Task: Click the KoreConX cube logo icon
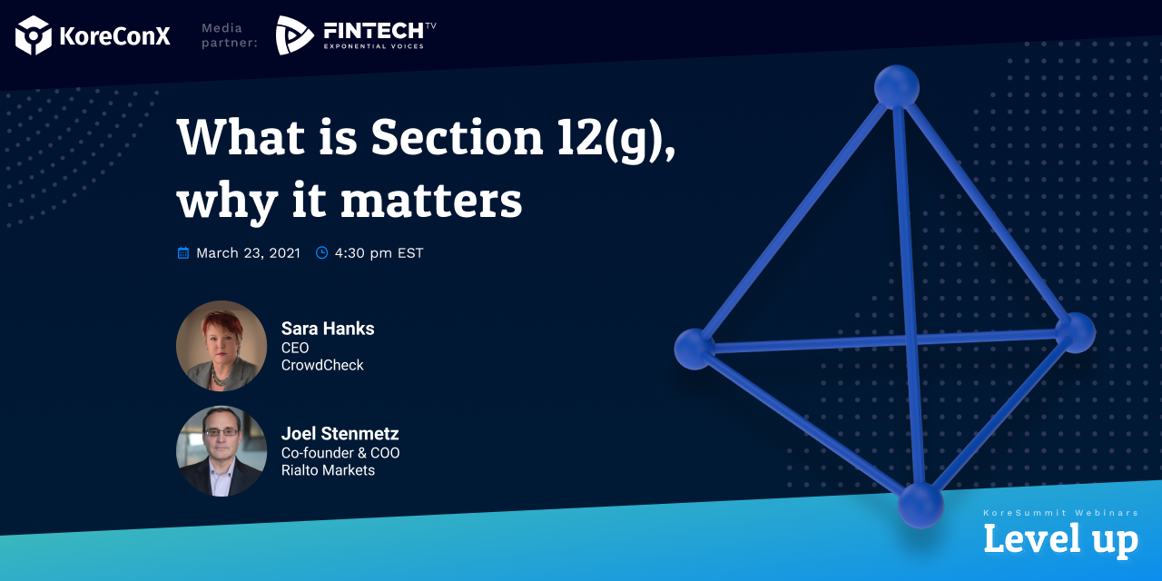(34, 35)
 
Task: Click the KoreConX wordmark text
(114, 36)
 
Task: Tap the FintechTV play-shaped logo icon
(294, 35)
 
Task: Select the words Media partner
(230, 35)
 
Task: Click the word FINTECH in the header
(373, 31)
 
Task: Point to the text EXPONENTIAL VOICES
(374, 46)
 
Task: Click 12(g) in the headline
(616, 139)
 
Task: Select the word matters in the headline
(431, 201)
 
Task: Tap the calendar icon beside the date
(183, 252)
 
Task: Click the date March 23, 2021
(248, 253)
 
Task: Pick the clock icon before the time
(321, 252)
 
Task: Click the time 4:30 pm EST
(379, 253)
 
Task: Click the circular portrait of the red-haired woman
(222, 346)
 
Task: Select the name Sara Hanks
(328, 329)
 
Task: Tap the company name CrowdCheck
(322, 365)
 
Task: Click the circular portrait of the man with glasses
(222, 451)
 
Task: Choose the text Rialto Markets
(328, 470)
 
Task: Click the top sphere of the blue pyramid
(897, 87)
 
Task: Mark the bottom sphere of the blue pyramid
(921, 506)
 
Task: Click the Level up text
(1061, 539)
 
